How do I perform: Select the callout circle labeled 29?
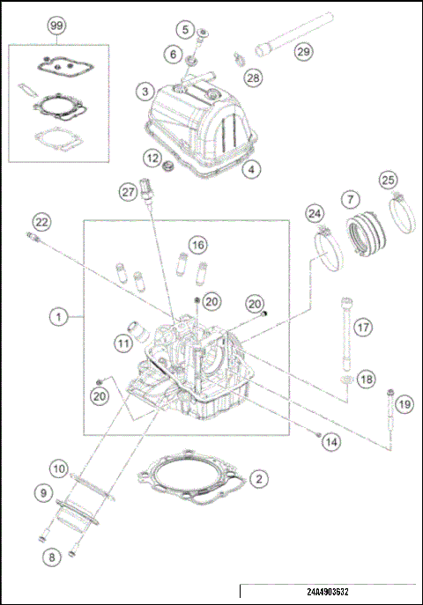302,53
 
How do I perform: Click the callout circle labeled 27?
128,191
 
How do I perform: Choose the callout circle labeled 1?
59,314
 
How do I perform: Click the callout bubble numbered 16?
197,243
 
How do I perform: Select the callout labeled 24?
315,213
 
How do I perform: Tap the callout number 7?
350,198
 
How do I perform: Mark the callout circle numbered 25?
386,181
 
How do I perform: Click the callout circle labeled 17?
361,328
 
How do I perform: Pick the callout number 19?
403,404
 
